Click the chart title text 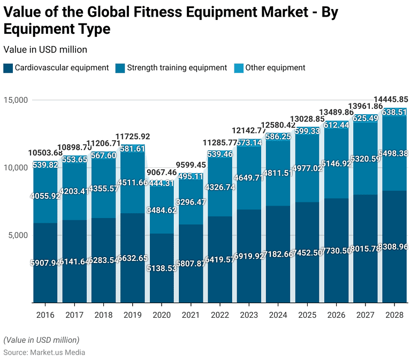coord(171,19)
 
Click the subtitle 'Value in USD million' coord(45,49)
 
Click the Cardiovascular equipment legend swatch coord(8,68)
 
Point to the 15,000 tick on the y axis coord(17,100)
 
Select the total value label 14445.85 coord(391,99)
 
